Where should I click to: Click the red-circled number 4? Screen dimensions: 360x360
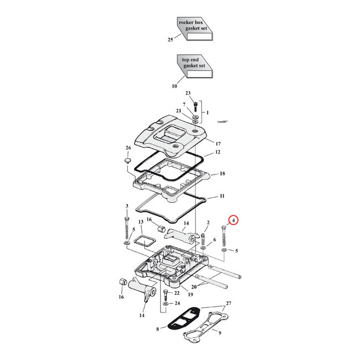234,220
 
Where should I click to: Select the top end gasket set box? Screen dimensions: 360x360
194,65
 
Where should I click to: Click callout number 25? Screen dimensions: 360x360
171,40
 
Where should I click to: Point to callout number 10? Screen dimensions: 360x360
174,86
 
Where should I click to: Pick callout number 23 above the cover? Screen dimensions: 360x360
188,93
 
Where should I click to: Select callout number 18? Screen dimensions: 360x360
222,174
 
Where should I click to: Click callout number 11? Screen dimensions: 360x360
222,197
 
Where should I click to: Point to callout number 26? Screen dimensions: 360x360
128,148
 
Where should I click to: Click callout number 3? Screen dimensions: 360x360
127,206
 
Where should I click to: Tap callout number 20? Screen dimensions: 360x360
194,286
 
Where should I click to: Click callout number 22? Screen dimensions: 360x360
177,293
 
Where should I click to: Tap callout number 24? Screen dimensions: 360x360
177,304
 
